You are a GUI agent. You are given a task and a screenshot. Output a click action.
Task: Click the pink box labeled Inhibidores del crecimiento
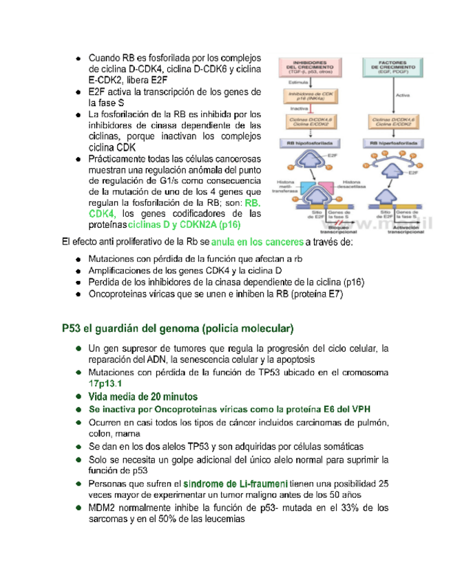305,66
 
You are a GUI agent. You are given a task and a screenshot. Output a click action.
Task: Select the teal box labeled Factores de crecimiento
390,66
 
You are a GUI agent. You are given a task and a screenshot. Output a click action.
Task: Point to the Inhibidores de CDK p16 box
306,96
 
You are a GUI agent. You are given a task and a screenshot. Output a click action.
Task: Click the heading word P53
71,326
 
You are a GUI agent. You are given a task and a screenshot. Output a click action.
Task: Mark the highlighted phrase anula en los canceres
258,242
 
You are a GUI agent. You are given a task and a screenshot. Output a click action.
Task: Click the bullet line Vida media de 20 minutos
143,396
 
